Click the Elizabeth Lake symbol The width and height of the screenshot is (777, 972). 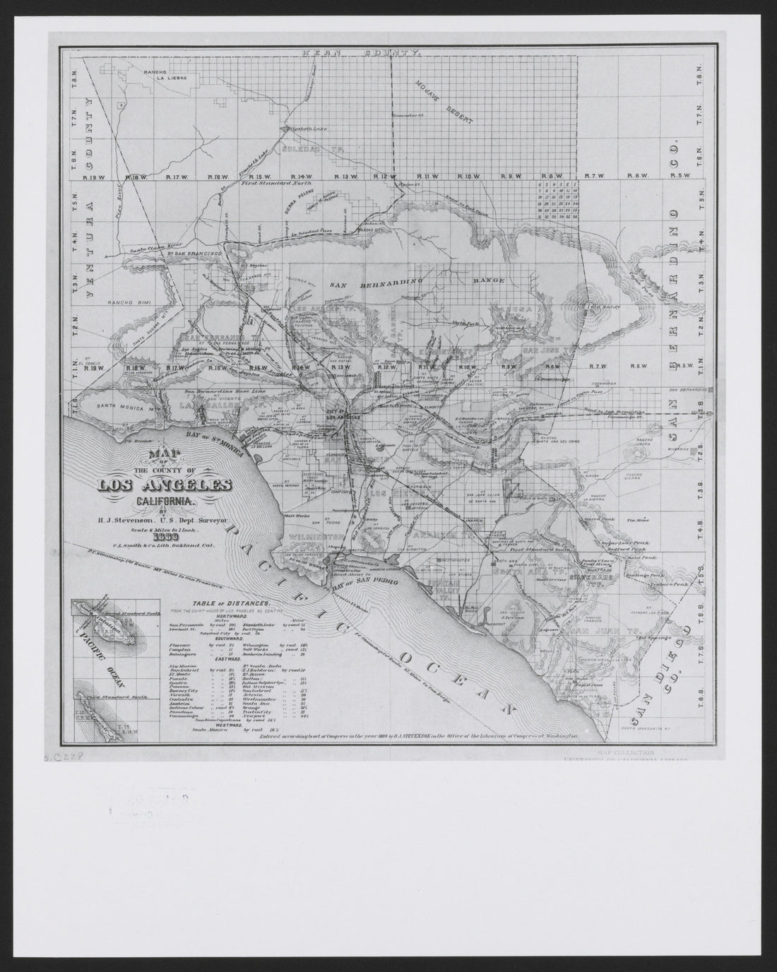point(283,129)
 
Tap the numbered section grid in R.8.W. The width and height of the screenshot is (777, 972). point(558,199)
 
